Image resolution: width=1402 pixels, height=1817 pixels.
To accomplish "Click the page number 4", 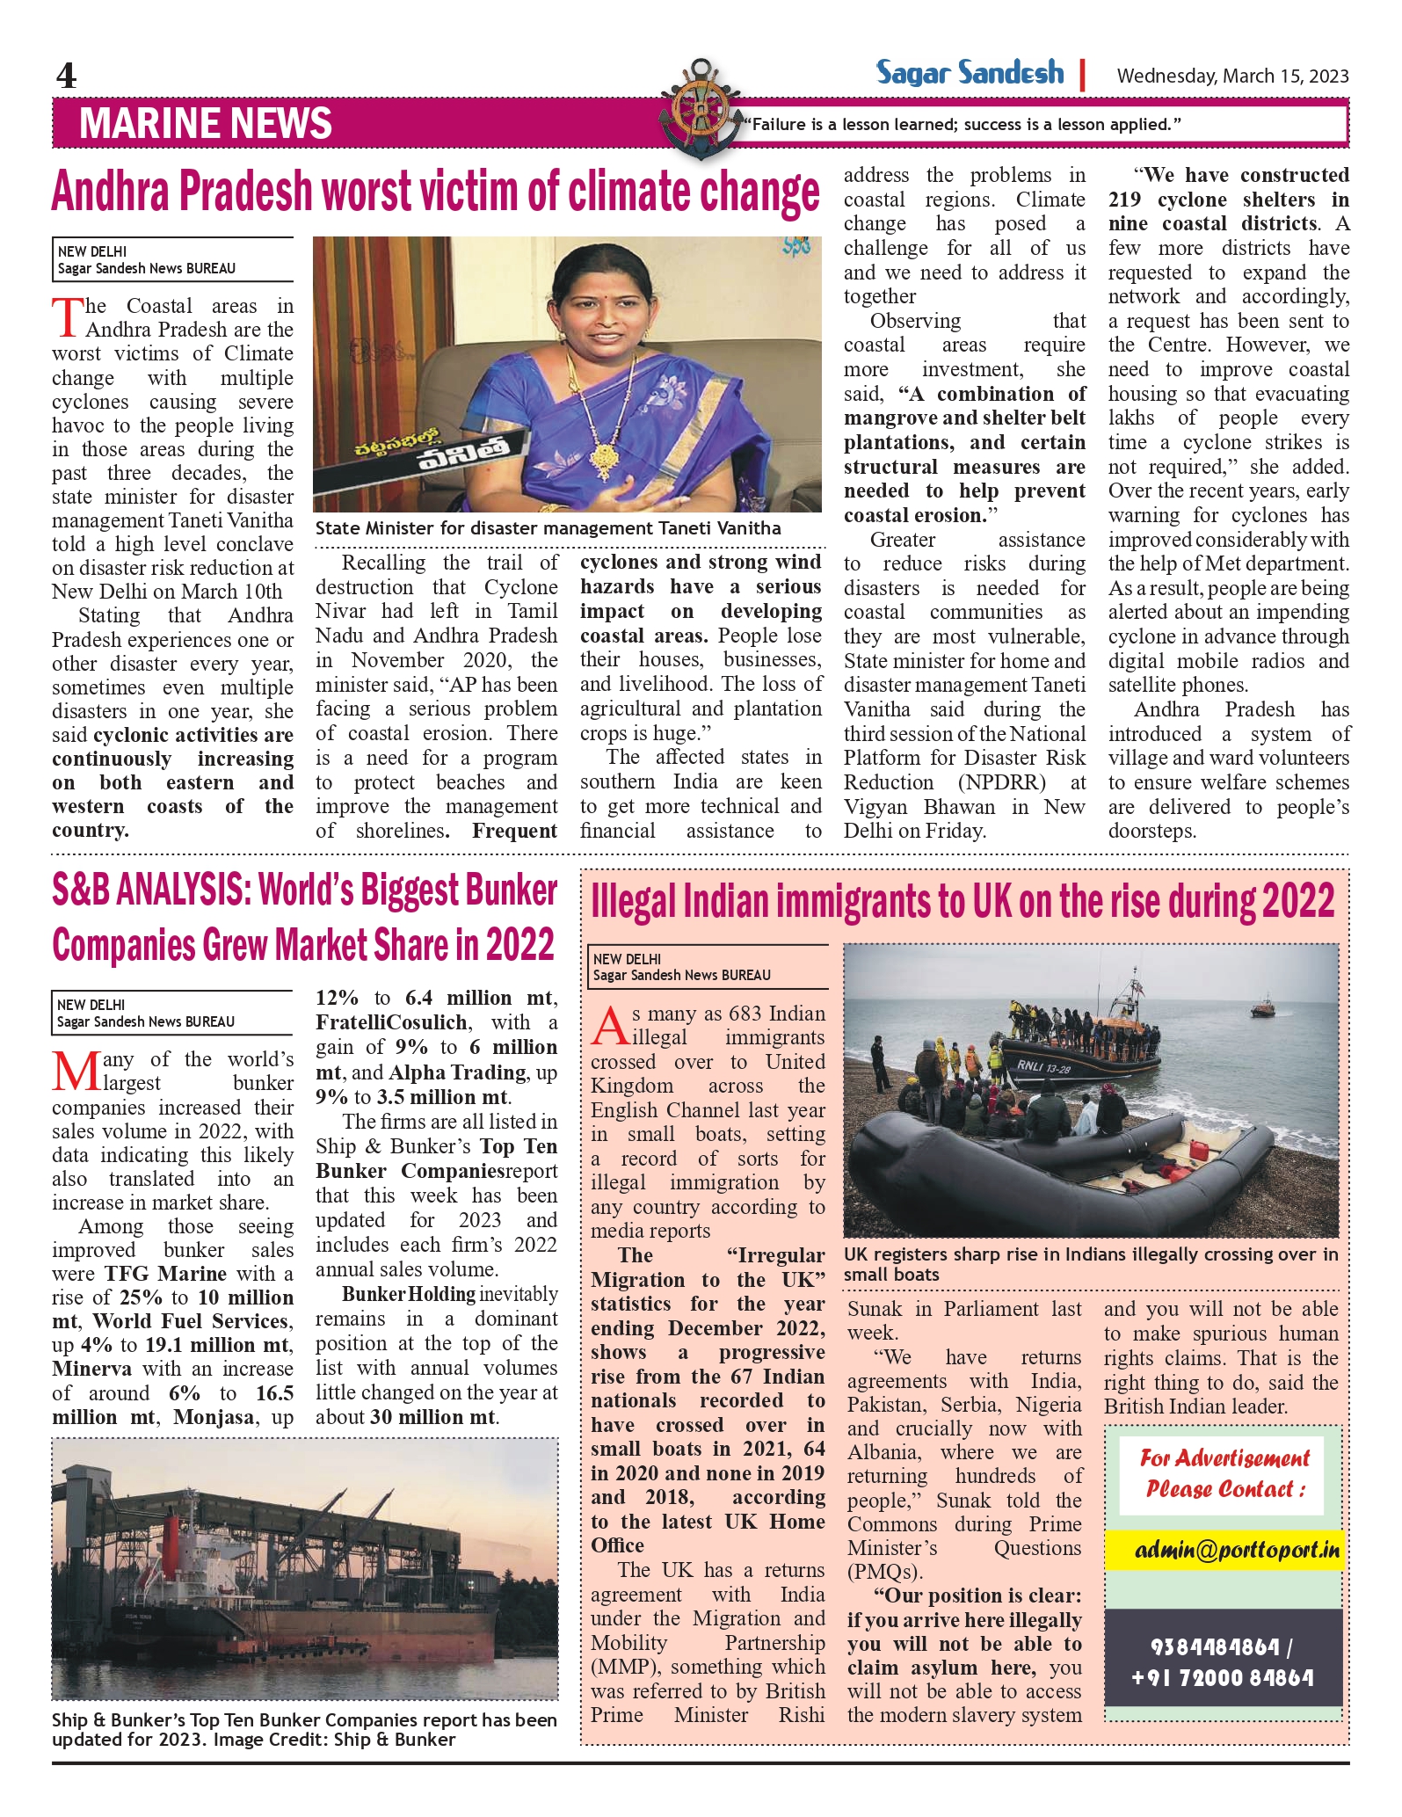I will tap(66, 76).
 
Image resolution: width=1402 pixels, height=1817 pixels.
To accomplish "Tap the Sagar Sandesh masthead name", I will tap(970, 73).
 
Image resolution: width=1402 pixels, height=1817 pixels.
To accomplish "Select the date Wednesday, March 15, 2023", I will tap(1232, 76).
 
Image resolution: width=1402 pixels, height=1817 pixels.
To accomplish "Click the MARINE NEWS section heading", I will tap(206, 123).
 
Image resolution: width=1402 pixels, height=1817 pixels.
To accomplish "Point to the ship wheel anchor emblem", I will tap(701, 110).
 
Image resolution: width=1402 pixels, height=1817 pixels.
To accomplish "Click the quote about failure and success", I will tap(963, 125).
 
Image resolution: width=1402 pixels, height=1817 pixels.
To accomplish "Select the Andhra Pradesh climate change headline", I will tap(435, 192).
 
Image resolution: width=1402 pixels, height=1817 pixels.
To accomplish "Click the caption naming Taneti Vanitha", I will tap(548, 528).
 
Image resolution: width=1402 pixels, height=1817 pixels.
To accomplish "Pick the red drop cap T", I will tap(68, 318).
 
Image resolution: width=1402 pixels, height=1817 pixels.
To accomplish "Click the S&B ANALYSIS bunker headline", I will tap(304, 919).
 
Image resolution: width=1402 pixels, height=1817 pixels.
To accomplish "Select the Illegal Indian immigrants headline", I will tap(963, 902).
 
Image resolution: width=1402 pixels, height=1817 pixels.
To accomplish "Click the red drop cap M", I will tap(74, 1071).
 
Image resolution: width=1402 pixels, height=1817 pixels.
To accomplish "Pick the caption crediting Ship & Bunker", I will tap(304, 1729).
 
